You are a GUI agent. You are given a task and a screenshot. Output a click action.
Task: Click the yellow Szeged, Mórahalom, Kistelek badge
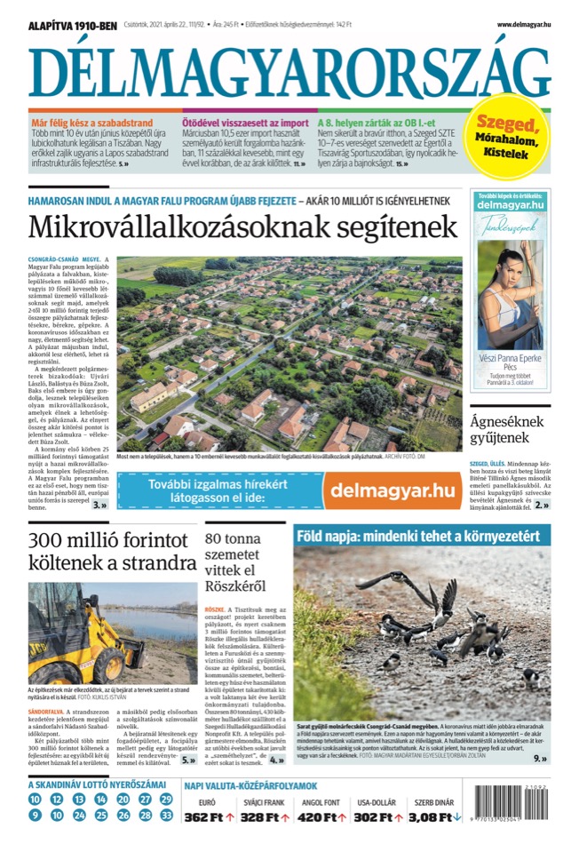(x=510, y=137)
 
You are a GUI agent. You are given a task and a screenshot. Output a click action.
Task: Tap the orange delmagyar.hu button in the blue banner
(x=387, y=490)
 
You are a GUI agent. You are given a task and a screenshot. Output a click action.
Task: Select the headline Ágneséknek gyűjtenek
(x=500, y=429)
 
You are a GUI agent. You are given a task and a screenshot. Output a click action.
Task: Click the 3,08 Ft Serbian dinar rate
(x=432, y=817)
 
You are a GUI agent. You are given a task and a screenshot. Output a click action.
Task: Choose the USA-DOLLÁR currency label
(x=377, y=803)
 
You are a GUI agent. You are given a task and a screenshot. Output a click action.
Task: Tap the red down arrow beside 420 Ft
(x=343, y=817)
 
